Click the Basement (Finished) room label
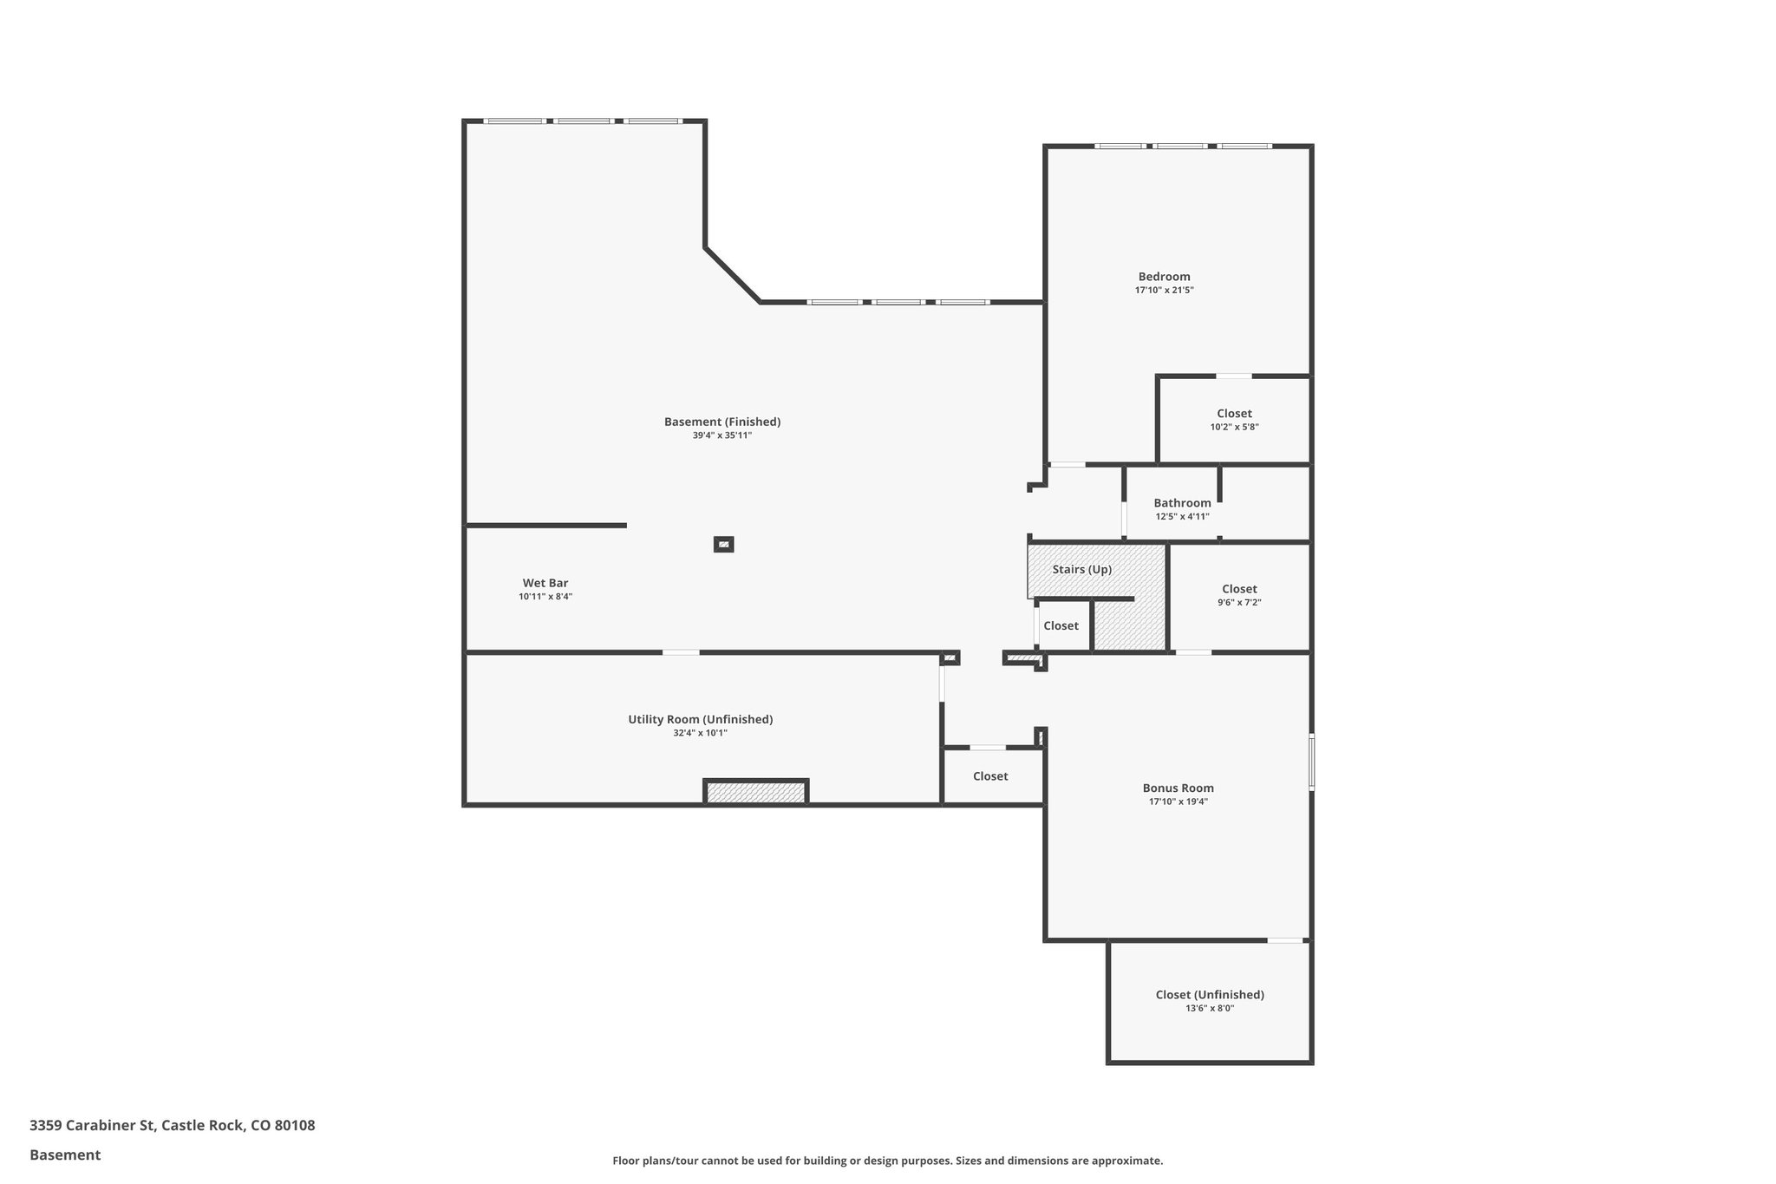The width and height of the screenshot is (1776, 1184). [722, 422]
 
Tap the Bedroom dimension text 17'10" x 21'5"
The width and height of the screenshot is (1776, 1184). [1164, 291]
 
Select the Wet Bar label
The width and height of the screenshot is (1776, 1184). [545, 583]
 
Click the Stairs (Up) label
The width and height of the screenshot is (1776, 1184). [1081, 570]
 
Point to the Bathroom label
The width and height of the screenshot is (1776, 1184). [1182, 503]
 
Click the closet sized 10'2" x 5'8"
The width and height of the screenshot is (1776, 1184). [1234, 420]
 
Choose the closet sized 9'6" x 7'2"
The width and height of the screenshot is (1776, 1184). [1239, 595]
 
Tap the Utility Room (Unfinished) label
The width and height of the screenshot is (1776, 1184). [701, 719]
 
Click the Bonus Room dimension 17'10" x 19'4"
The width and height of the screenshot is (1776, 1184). [1178, 802]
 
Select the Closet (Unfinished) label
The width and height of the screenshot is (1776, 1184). [1210, 995]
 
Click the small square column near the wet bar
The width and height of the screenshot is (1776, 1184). [723, 545]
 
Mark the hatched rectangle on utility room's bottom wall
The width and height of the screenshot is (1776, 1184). [756, 792]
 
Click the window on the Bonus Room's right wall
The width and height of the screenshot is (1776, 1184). [1311, 762]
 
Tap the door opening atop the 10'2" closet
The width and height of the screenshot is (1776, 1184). [1233, 376]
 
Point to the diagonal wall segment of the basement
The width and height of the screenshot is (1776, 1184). [732, 275]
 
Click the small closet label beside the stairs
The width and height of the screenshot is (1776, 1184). [1061, 625]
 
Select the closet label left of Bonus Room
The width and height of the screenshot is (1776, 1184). [990, 776]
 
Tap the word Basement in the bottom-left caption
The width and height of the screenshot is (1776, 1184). [65, 1155]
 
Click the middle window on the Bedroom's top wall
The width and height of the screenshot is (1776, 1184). [1179, 146]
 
